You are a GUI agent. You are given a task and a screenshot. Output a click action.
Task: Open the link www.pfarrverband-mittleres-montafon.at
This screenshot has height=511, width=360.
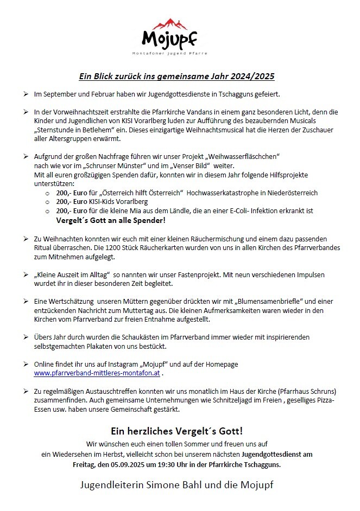tap(97, 373)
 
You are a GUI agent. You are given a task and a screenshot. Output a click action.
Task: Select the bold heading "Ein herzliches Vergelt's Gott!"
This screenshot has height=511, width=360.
tap(177, 431)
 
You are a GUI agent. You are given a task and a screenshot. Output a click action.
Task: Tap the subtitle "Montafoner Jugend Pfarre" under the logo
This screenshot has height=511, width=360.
tap(170, 53)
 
